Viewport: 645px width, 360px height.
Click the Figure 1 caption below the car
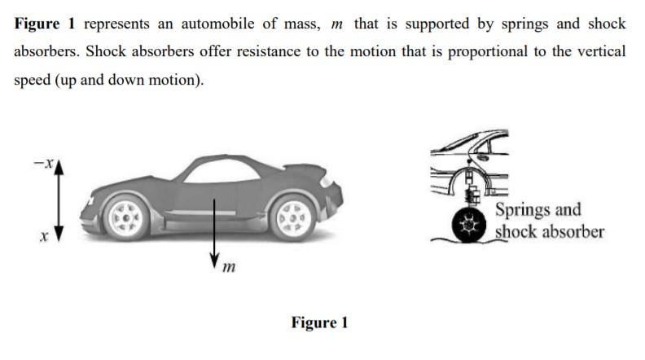[x=319, y=323]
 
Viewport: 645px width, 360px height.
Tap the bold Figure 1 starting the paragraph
[x=45, y=24]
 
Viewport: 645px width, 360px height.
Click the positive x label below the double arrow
[x=44, y=238]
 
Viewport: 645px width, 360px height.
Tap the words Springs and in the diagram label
[x=537, y=209]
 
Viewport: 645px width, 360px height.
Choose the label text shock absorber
[x=550, y=231]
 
